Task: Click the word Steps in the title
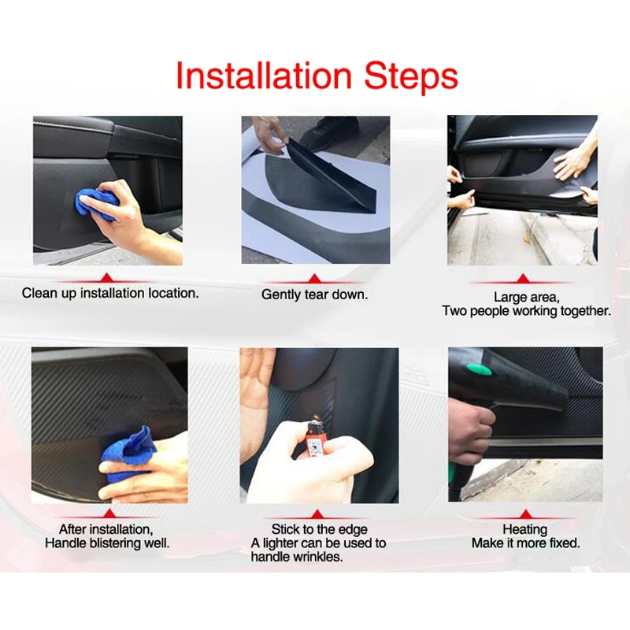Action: (x=410, y=76)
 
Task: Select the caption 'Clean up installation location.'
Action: (x=110, y=294)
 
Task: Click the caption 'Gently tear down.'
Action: (x=315, y=295)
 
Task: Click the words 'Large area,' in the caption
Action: (x=525, y=297)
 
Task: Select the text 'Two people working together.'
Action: (x=526, y=311)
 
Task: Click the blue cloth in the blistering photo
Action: (x=128, y=455)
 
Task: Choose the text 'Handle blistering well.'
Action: (x=107, y=543)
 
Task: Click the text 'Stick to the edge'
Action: (x=319, y=529)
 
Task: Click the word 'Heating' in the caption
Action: (x=524, y=529)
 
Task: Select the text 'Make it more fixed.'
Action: (x=525, y=543)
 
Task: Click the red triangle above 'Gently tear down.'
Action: (x=315, y=278)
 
